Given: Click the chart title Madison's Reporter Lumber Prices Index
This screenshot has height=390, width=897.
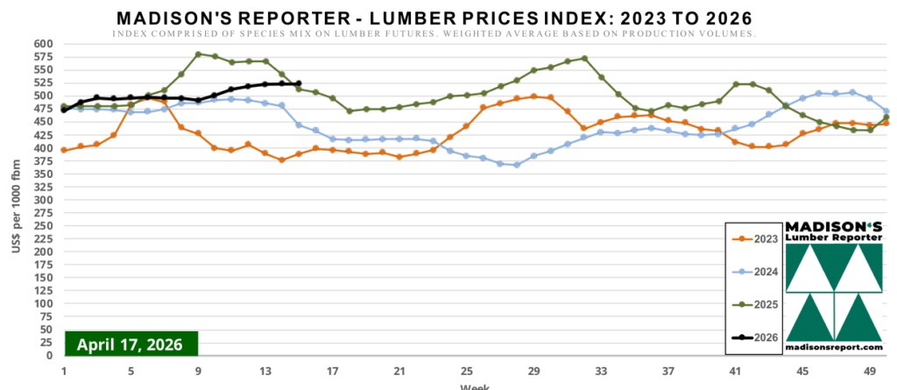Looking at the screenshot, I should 434,18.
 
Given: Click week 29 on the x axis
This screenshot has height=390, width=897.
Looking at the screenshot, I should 533,371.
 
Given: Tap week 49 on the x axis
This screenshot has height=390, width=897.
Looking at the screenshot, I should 868,371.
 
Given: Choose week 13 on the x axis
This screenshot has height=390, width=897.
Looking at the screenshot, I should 265,371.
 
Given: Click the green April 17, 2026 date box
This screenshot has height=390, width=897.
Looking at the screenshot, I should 131,344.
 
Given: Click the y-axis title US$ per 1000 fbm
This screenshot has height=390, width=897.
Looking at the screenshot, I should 17,199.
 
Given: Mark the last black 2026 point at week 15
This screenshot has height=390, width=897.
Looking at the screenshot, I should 299,83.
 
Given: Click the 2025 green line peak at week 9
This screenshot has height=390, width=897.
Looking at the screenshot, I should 198,53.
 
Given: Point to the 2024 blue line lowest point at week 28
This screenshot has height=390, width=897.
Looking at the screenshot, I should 517,165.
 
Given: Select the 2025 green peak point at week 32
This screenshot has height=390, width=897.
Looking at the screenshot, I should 584,59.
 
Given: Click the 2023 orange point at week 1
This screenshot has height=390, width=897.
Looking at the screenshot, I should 64,150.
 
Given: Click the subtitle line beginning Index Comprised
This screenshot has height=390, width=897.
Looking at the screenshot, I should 434,33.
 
